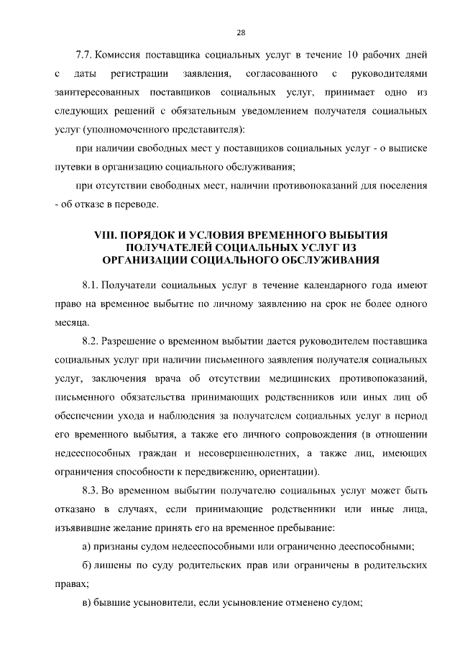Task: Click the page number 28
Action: click(x=241, y=32)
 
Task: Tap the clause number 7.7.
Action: click(x=84, y=55)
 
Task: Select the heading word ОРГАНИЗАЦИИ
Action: click(x=144, y=260)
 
